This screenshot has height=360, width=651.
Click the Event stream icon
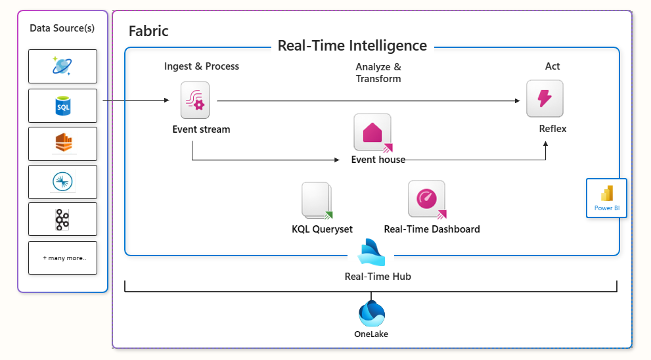coord(195,101)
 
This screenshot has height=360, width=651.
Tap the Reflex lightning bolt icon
coord(545,99)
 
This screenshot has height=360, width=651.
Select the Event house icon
coord(372,132)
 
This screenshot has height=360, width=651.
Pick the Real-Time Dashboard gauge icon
coord(426,199)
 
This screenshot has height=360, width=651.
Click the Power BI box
coord(606,198)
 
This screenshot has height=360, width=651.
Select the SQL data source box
coord(63,106)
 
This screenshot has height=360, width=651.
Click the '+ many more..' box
coord(63,258)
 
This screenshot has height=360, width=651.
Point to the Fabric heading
coord(148,31)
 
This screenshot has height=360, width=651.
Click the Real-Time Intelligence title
coord(352,46)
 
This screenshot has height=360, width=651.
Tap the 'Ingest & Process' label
coord(202,66)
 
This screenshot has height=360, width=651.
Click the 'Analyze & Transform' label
coord(378,73)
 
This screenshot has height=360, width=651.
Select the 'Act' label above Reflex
coord(552,66)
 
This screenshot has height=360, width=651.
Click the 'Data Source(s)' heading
coord(62,28)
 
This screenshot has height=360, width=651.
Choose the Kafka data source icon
coord(63,220)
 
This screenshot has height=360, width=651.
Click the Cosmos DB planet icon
coord(63,66)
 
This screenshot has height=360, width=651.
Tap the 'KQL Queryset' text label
coord(322,229)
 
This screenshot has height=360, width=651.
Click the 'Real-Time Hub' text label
coord(378,277)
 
